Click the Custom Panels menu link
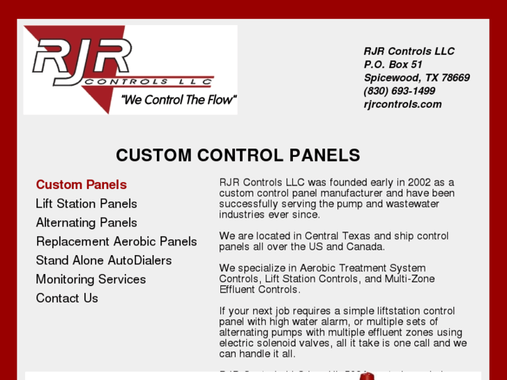point(81,185)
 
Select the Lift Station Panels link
point(86,204)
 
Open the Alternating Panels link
point(86,222)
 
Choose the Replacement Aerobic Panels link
point(116,241)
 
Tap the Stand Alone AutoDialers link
point(104,260)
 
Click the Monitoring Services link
point(91,279)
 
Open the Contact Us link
point(67,298)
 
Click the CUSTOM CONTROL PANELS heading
point(238,155)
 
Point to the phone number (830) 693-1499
point(399,91)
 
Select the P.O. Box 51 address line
point(393,64)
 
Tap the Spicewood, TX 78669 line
point(416,77)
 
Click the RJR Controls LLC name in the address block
point(409,51)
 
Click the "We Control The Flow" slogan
point(179,100)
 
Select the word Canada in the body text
point(368,247)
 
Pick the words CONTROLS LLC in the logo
point(146,82)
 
